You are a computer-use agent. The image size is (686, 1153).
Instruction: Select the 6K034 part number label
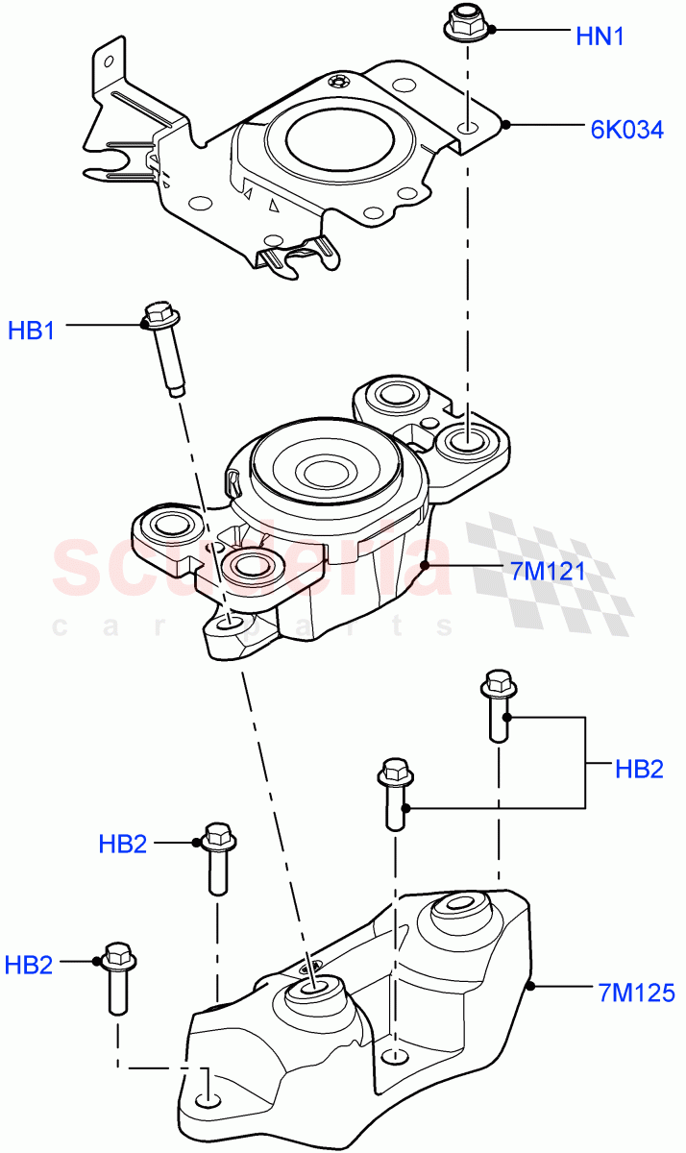pos(626,129)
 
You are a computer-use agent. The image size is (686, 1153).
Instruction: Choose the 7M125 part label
pos(622,991)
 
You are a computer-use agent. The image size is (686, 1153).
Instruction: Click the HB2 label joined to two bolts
pos(640,769)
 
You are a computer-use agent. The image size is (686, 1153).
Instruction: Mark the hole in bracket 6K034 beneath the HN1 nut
pos(467,128)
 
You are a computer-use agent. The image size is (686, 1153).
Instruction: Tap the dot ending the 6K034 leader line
pos(506,123)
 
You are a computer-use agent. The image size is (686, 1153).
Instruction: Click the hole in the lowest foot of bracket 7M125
pos(205,1099)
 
